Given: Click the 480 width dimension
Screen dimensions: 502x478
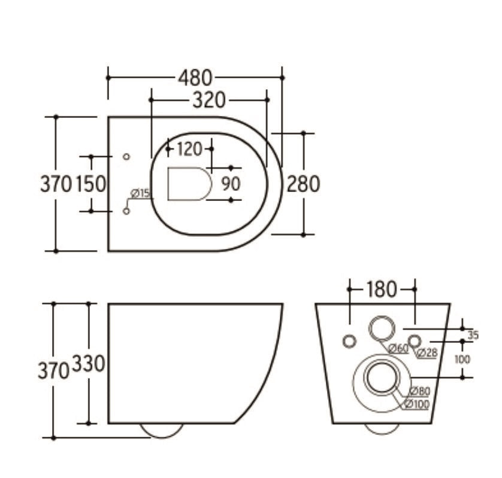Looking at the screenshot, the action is (x=195, y=78).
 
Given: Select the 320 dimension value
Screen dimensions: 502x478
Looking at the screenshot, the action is (x=209, y=100).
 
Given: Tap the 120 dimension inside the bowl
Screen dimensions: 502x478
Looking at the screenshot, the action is (x=189, y=149).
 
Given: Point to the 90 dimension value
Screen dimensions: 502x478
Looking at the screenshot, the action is (x=231, y=184).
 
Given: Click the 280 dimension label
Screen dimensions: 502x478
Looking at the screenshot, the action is (x=303, y=184).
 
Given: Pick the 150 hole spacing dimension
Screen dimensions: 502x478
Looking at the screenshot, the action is (x=90, y=184).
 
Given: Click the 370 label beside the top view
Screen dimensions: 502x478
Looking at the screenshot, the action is (x=56, y=184).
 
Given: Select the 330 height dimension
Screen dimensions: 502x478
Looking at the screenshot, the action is (x=89, y=364).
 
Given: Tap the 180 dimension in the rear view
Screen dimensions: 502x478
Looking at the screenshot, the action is (x=382, y=290).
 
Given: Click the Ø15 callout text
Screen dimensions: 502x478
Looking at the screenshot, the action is (x=140, y=193).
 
